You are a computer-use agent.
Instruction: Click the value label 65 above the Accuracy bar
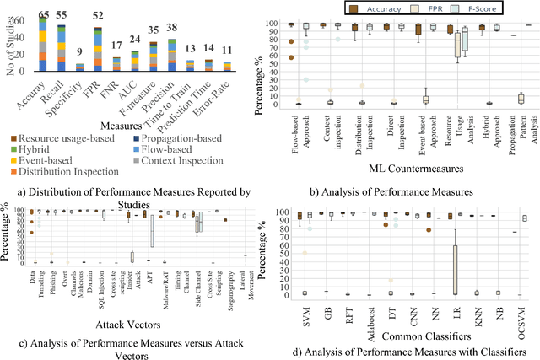tap(44, 14)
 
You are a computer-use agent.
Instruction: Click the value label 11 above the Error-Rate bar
tap(227, 51)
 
